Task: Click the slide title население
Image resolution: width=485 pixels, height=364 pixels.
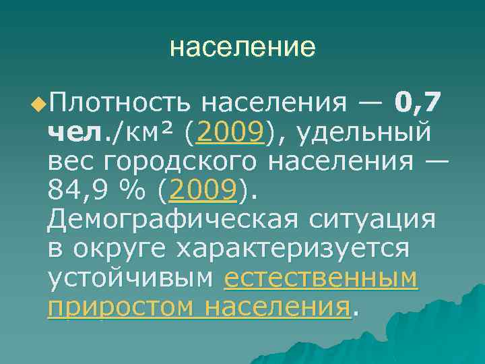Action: click(x=243, y=47)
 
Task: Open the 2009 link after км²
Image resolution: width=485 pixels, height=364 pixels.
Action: click(x=228, y=133)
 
